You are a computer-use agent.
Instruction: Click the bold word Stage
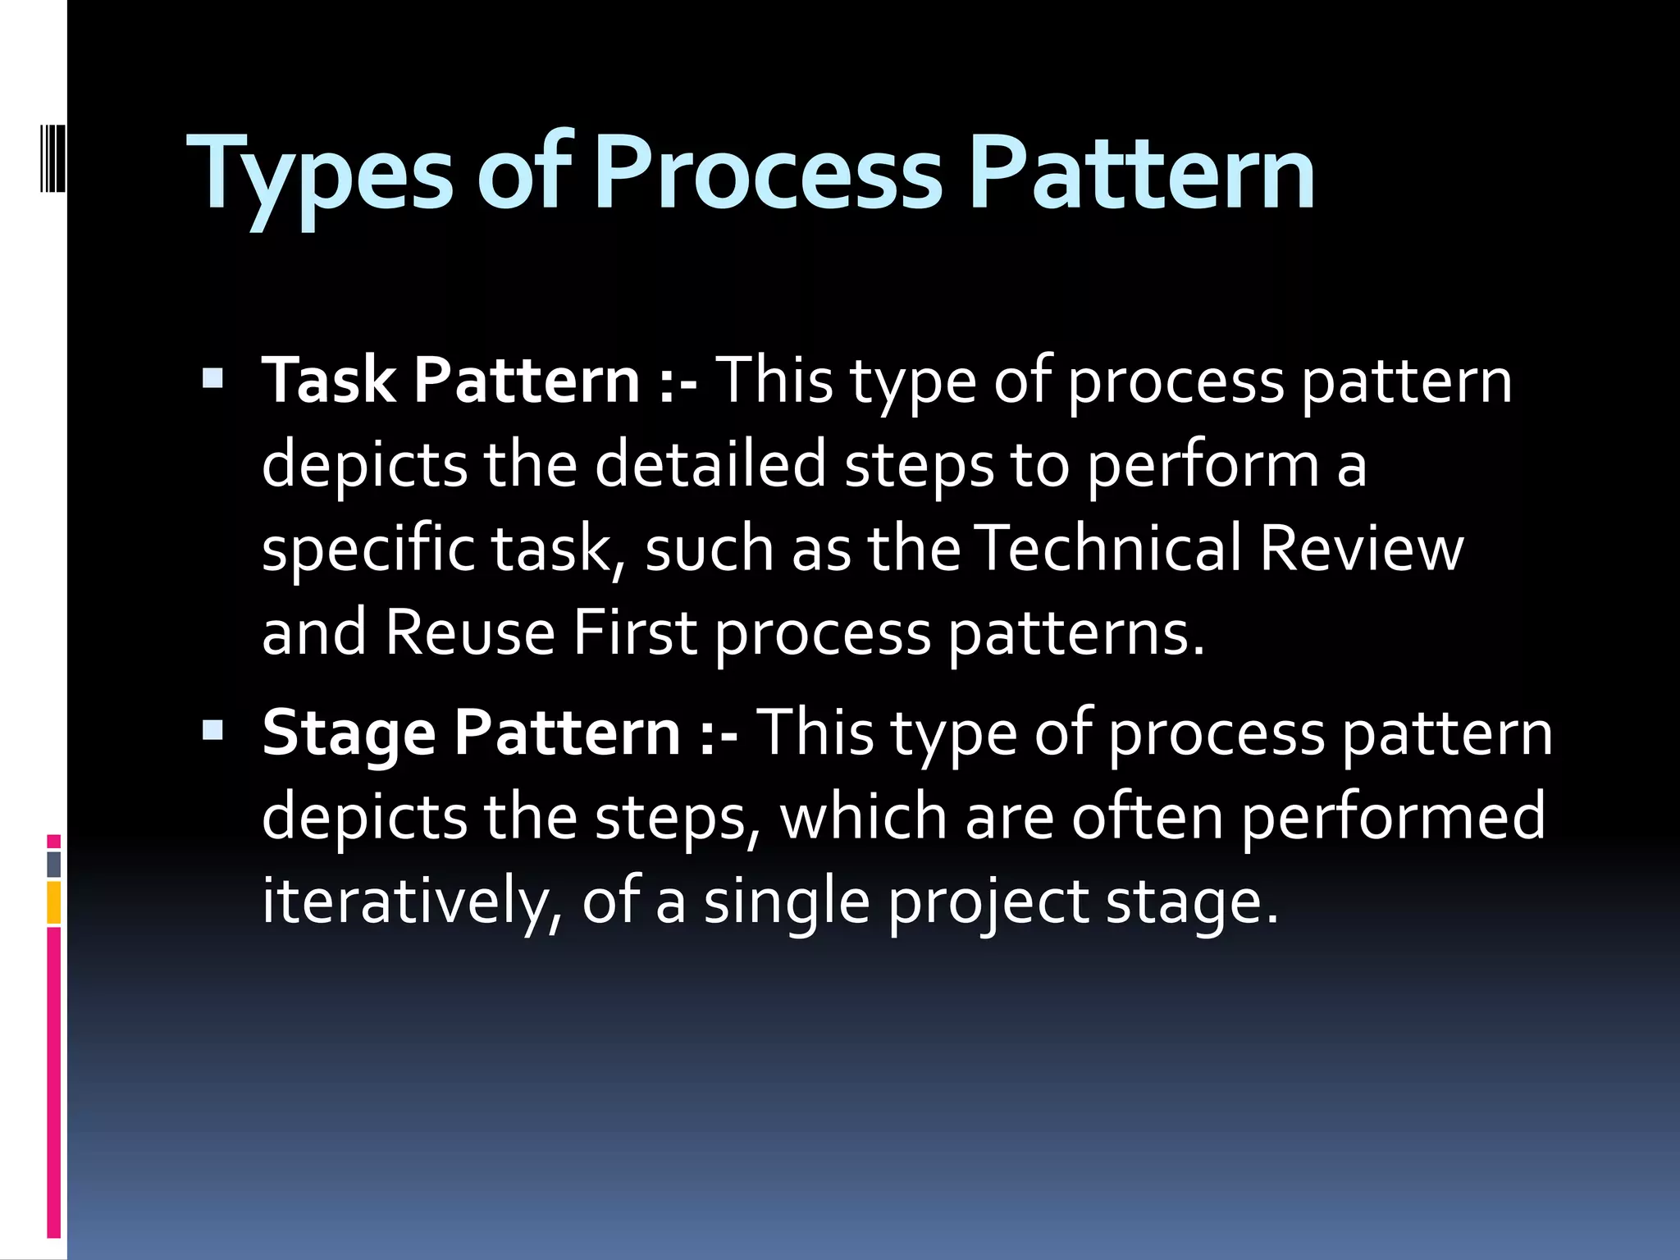tap(349, 733)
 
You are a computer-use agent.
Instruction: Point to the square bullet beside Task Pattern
tap(212, 378)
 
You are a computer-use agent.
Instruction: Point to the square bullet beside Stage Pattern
tap(212, 729)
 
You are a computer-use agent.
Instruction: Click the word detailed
tap(710, 463)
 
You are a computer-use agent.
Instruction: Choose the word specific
tap(368, 550)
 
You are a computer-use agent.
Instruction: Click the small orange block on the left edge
tap(54, 902)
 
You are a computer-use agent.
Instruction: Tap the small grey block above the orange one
tap(54, 864)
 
